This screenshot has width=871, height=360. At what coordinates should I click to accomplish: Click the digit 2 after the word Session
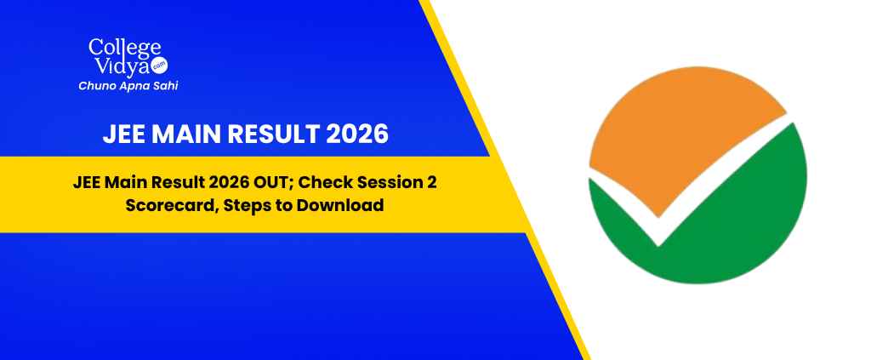tap(431, 183)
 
